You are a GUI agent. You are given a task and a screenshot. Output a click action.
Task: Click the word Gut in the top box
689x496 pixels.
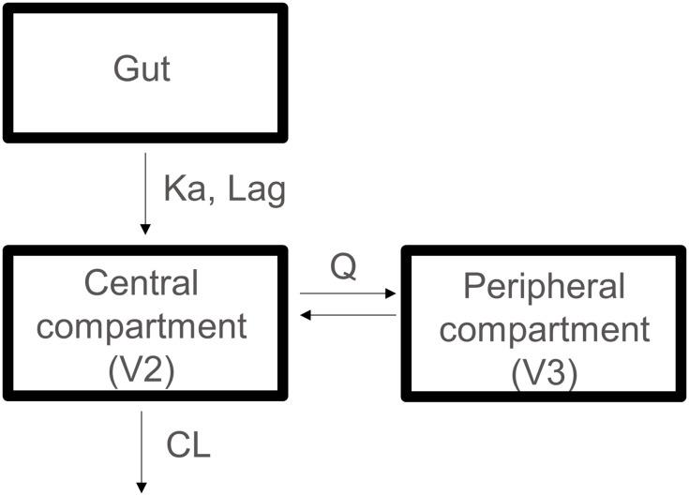(142, 69)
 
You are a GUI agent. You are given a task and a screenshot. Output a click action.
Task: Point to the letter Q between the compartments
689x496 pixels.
(343, 267)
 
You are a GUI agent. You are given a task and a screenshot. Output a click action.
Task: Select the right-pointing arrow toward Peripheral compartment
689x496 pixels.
(347, 293)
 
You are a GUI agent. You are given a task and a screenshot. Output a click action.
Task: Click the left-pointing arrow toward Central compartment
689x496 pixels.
(347, 315)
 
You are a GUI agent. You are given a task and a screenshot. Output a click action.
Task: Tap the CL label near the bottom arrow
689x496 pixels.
(187, 444)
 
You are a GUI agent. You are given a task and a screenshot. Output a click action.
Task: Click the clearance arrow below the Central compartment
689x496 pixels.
(142, 450)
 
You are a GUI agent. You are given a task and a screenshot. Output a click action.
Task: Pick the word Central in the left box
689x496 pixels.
(142, 282)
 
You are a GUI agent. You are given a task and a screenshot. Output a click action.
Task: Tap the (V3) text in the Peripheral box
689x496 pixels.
(544, 374)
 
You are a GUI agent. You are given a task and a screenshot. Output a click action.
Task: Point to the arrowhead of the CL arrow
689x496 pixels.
(142, 486)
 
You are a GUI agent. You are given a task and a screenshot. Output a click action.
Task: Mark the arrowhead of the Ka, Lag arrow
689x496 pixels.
(143, 228)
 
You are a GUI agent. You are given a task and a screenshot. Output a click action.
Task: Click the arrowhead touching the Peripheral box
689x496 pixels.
(392, 293)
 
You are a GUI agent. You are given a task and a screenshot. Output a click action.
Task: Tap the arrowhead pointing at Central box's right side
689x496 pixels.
(305, 315)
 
